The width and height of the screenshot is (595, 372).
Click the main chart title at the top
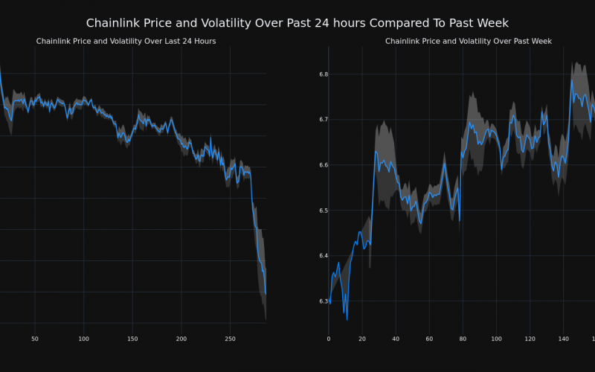(297, 23)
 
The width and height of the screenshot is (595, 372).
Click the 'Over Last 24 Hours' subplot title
(126, 42)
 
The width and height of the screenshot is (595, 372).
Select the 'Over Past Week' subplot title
(468, 42)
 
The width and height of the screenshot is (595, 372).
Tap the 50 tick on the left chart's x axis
(35, 339)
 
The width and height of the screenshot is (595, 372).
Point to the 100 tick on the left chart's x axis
(83, 339)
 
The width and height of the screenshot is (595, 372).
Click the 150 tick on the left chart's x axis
(132, 339)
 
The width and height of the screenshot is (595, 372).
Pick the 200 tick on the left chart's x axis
(181, 339)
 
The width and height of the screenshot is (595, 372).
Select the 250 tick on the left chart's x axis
(230, 339)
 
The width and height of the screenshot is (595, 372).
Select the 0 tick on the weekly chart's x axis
(329, 339)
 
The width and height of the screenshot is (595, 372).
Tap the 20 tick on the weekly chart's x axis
(362, 339)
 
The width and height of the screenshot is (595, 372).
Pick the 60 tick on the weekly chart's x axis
(429, 339)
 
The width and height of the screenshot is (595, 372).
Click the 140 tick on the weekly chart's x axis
(564, 339)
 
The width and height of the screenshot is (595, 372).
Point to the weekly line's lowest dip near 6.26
(347, 319)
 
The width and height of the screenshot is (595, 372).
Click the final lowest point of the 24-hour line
(266, 295)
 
